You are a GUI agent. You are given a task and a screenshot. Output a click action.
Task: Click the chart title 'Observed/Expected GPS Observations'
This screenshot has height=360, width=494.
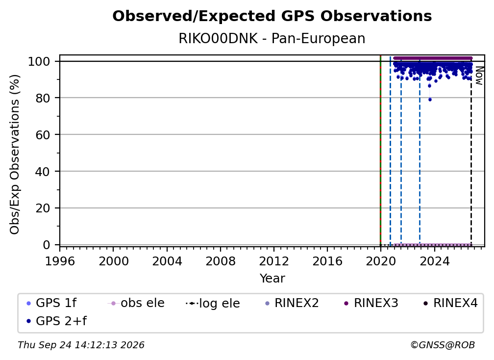272,16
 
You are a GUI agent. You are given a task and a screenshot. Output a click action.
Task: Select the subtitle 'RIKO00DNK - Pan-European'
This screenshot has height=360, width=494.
272,38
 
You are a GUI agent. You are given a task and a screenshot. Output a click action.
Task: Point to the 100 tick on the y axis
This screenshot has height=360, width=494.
39,61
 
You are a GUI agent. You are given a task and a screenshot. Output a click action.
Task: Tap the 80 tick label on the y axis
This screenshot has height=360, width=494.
43,98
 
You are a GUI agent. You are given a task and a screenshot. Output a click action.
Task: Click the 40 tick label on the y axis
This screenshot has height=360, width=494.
43,172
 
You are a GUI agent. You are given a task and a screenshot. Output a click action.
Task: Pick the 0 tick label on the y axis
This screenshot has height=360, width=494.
47,245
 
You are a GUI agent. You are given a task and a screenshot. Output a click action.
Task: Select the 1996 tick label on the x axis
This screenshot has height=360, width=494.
60,261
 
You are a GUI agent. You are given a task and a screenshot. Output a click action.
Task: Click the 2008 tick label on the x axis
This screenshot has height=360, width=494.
220,261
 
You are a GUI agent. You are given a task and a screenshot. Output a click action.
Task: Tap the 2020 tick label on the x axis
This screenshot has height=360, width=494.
381,261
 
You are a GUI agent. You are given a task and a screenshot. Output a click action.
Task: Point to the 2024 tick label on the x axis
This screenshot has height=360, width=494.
434,261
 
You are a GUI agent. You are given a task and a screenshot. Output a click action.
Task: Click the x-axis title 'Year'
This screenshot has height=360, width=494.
272,279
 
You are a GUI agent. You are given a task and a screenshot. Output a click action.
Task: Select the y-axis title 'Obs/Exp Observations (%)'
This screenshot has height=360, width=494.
15,154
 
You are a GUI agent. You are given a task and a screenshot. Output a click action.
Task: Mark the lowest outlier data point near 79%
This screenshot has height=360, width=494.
430,100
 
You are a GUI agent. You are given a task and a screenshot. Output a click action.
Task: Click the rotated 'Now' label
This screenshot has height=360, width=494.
479,76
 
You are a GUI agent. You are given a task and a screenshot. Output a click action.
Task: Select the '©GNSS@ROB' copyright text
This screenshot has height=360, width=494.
443,345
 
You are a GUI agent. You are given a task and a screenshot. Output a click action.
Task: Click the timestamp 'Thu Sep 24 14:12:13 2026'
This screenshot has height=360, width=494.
81,345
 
